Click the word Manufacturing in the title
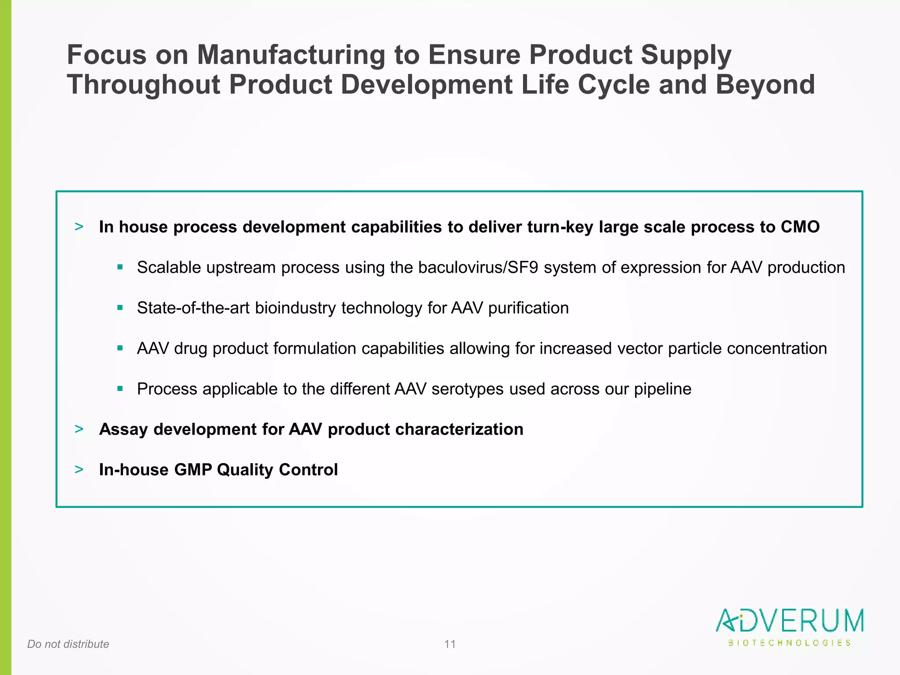pyautogui.click(x=291, y=55)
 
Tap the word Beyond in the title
pyautogui.click(x=765, y=84)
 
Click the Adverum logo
pyautogui.click(x=789, y=621)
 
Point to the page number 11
pyautogui.click(x=450, y=644)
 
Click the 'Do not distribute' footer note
pyautogui.click(x=68, y=644)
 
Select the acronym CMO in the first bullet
pyautogui.click(x=800, y=227)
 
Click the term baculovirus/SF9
pyautogui.click(x=478, y=268)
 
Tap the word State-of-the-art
pyautogui.click(x=193, y=308)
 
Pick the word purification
pyautogui.click(x=528, y=308)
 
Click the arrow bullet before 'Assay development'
pyautogui.click(x=79, y=429)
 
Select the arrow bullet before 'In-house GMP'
pyautogui.click(x=79, y=469)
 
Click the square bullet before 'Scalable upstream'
pyautogui.click(x=120, y=267)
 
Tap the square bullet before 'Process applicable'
pyautogui.click(x=120, y=388)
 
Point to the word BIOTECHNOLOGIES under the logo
pyautogui.click(x=789, y=643)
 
